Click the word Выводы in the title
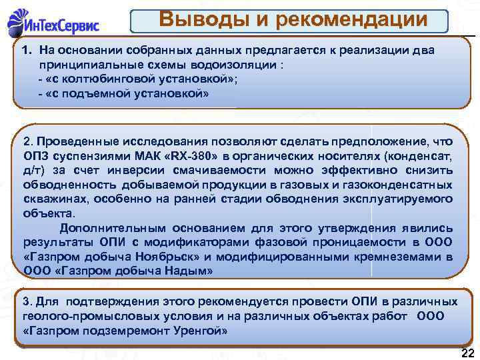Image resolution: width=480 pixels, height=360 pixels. [201, 20]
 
